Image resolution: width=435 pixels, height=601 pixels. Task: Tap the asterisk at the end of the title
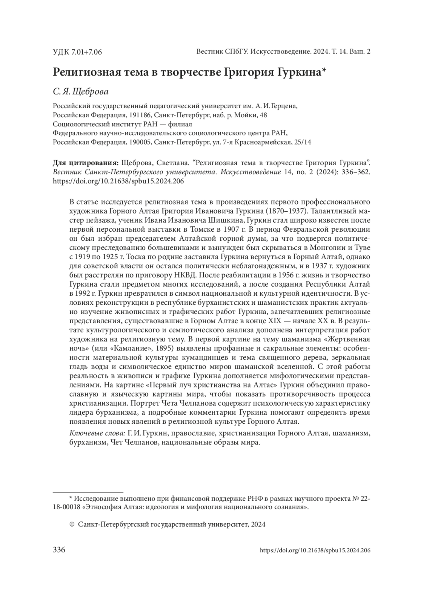click(x=324, y=70)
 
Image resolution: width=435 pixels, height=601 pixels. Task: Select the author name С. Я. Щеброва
click(x=80, y=92)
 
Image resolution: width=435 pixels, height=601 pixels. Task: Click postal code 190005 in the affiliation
click(x=139, y=142)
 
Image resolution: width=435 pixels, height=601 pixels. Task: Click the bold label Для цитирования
click(x=86, y=162)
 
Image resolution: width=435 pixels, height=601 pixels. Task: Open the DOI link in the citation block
click(x=118, y=181)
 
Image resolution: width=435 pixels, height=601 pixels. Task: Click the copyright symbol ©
click(x=71, y=524)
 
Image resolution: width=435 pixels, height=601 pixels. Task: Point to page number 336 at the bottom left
click(x=59, y=550)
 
